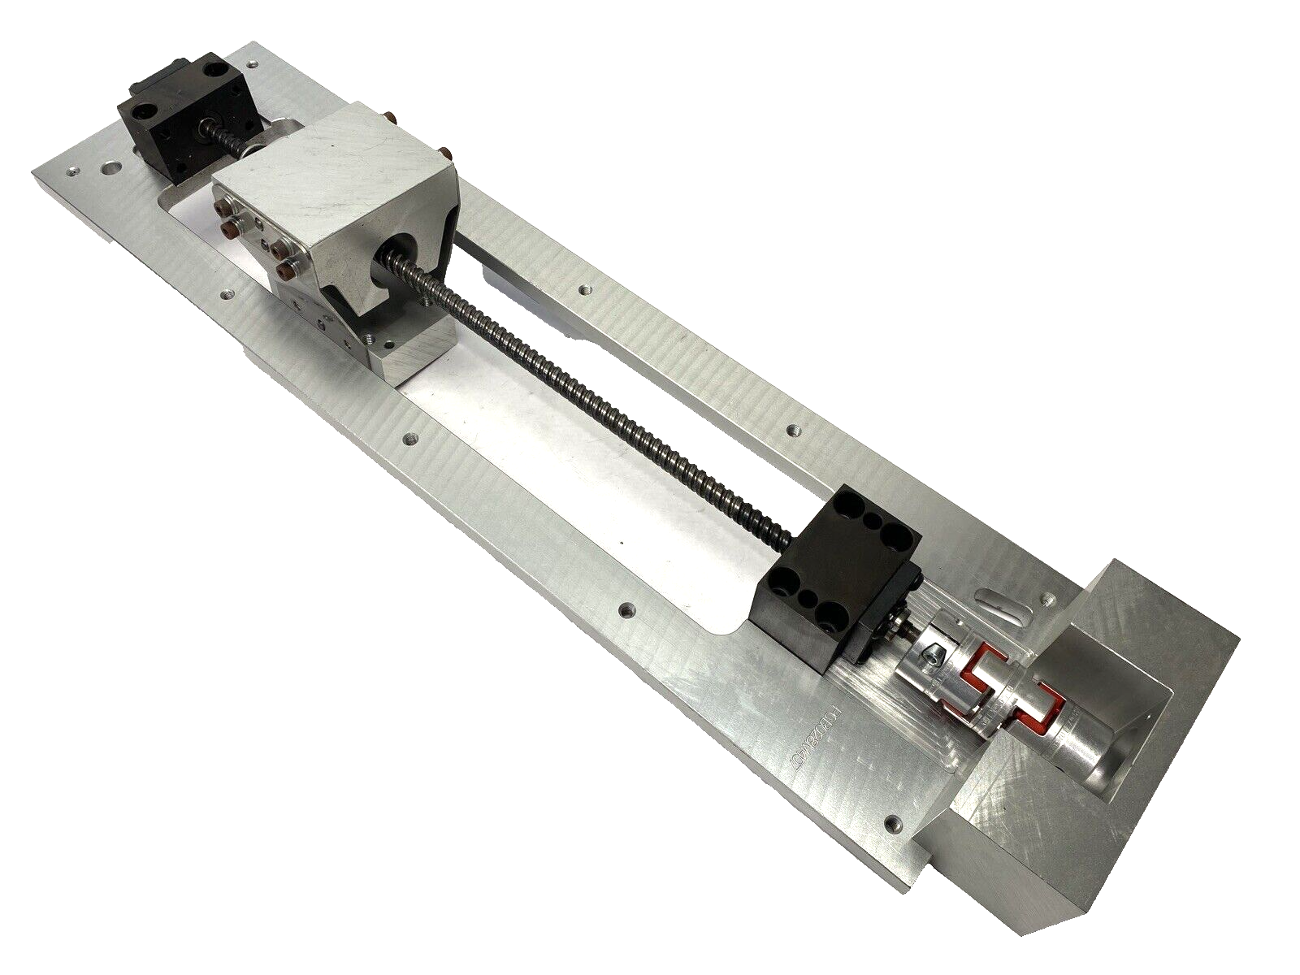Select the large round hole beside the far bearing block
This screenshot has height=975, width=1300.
coord(109,171)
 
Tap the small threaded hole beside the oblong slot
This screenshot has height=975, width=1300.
coord(1048,600)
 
